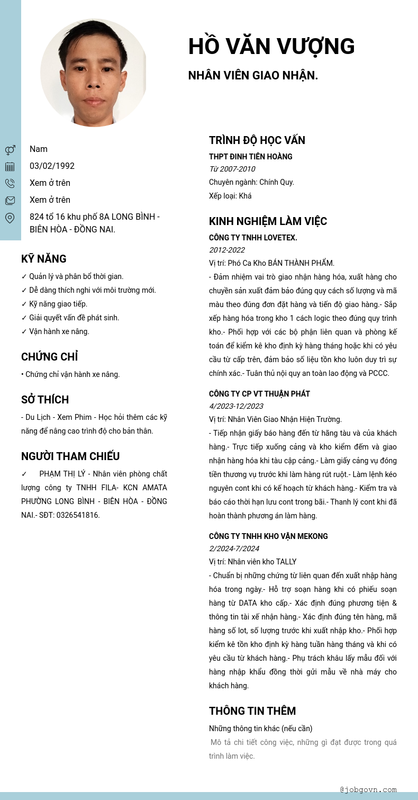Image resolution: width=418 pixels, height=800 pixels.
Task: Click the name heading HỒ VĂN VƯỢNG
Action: (271, 47)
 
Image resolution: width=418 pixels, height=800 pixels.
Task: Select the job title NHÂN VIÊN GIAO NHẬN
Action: (253, 75)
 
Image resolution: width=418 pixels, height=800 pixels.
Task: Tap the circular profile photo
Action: (94, 73)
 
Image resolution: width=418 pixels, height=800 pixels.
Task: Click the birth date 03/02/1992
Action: (52, 166)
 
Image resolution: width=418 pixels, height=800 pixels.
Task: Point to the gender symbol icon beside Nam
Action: (10, 150)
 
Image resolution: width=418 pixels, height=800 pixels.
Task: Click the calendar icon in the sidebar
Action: (10, 167)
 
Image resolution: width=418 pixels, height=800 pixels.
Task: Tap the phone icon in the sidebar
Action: (10, 183)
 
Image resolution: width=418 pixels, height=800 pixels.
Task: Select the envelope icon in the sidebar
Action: (10, 200)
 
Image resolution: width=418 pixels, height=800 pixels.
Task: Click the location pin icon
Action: (10, 218)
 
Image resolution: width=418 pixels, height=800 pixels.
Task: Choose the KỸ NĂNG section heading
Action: (44, 259)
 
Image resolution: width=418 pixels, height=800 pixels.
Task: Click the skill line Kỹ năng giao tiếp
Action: (54, 304)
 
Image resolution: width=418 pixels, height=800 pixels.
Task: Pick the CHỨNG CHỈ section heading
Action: (50, 357)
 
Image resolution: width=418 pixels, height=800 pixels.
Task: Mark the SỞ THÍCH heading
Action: (45, 400)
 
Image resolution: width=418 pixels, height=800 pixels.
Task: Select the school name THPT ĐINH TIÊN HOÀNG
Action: (251, 157)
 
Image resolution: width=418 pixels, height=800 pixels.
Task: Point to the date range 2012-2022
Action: (227, 250)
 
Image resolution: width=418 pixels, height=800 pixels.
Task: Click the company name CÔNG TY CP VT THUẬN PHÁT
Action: (259, 394)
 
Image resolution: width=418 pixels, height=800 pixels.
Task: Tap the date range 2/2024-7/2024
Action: (234, 549)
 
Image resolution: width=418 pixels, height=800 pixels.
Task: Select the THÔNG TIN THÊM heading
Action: (252, 711)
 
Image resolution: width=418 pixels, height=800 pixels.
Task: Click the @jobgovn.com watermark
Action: (368, 789)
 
